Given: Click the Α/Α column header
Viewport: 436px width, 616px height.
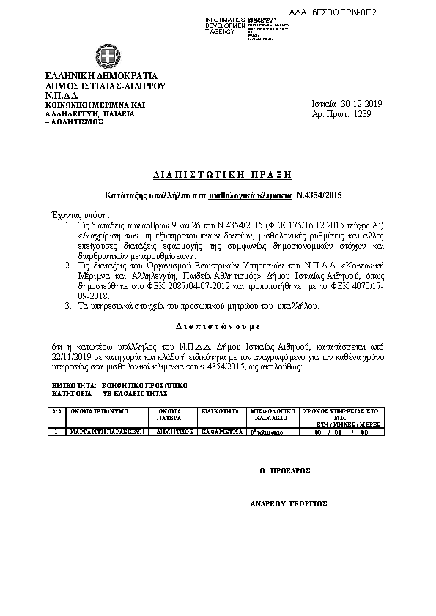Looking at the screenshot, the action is [56, 412].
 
